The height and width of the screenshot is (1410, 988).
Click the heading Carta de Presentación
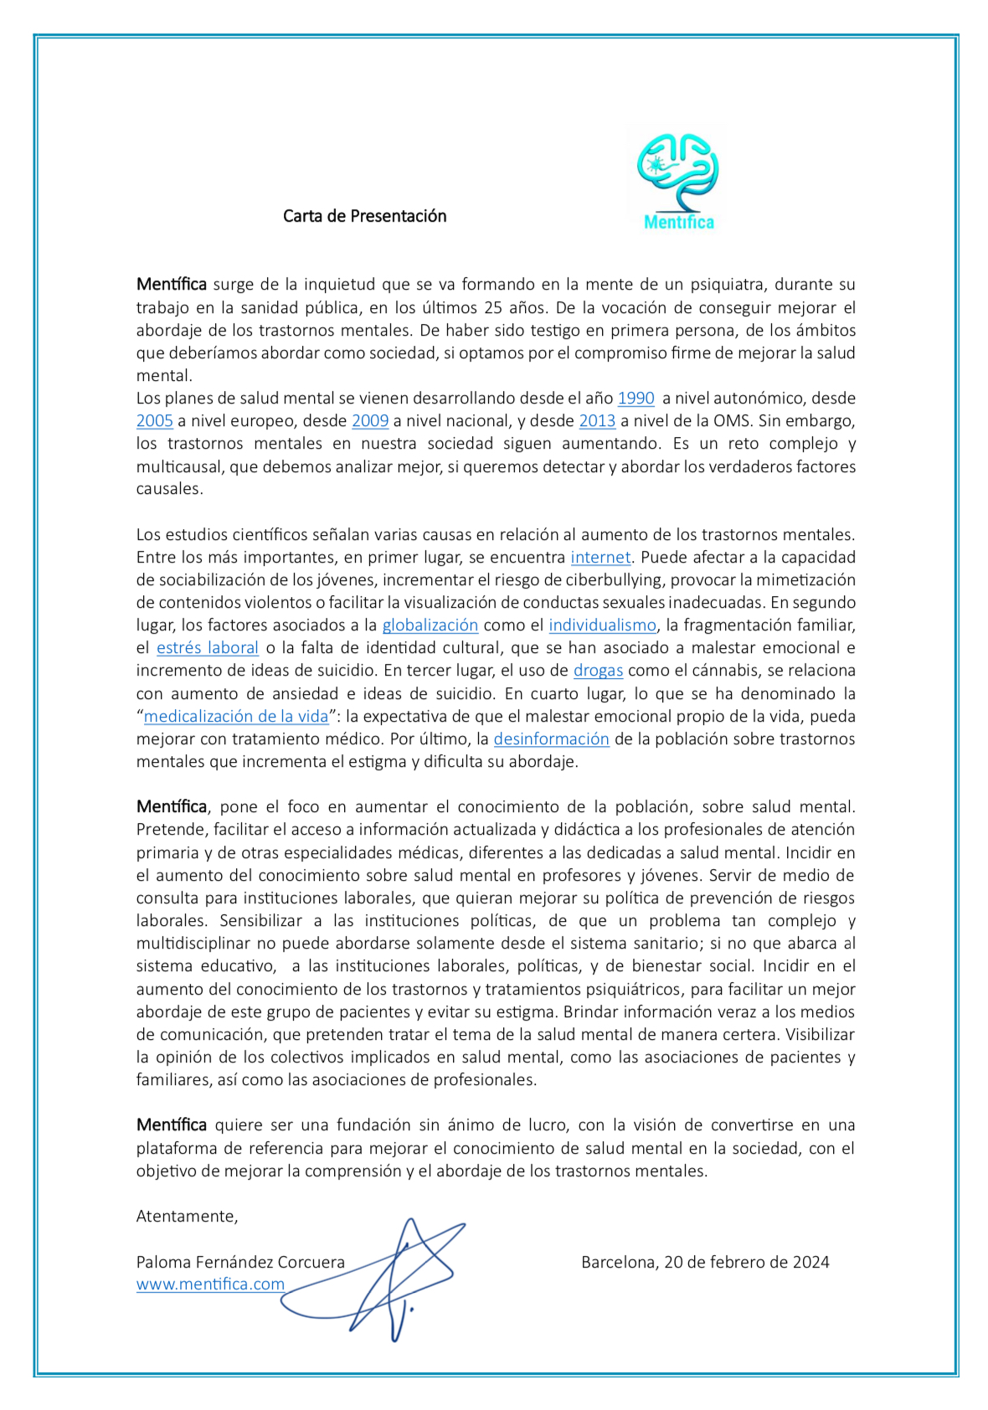pyautogui.click(x=364, y=216)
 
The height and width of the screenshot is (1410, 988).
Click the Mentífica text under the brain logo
pyautogui.click(x=678, y=223)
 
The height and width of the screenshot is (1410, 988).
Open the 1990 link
pyautogui.click(x=636, y=399)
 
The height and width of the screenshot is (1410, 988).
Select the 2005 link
pyautogui.click(x=155, y=421)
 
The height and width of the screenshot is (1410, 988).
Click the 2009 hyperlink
pyautogui.click(x=370, y=421)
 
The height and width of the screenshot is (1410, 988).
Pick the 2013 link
pyautogui.click(x=597, y=421)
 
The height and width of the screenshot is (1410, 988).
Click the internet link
pyautogui.click(x=600, y=558)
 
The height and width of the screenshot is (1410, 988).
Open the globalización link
pyautogui.click(x=430, y=625)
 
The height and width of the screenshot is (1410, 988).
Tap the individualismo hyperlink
pyautogui.click(x=602, y=625)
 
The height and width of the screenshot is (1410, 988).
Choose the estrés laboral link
pyautogui.click(x=208, y=648)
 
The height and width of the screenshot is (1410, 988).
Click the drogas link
pyautogui.click(x=598, y=671)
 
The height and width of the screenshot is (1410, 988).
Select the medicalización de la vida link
pyautogui.click(x=236, y=717)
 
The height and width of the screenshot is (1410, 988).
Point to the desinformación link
pyautogui.click(x=551, y=739)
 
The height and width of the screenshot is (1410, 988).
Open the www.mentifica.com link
pyautogui.click(x=210, y=1284)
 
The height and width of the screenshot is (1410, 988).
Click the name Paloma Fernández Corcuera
pyautogui.click(x=240, y=1262)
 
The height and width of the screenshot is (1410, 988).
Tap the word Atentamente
pyautogui.click(x=187, y=1217)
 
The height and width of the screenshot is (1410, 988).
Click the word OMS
pyautogui.click(x=731, y=421)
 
